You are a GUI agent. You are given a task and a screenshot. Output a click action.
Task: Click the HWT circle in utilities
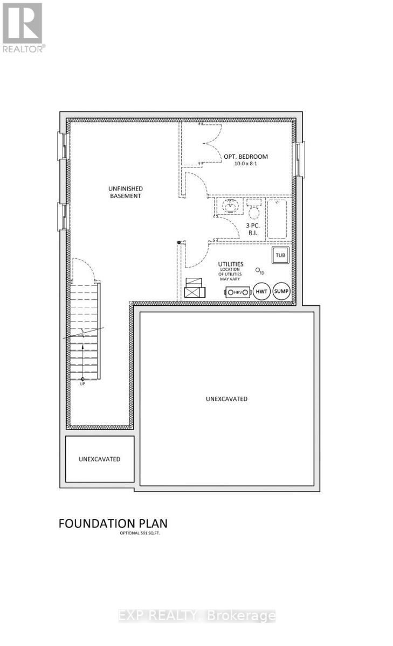(x=261, y=291)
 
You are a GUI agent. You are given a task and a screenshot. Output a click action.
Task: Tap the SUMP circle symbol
(x=281, y=291)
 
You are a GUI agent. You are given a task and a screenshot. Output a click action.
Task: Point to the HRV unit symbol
(x=238, y=292)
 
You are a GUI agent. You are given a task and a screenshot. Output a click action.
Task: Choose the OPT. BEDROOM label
(x=246, y=157)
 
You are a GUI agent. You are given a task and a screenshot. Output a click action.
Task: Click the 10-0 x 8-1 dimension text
(x=246, y=164)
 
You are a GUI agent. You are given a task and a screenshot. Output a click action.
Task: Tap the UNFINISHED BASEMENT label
(x=125, y=192)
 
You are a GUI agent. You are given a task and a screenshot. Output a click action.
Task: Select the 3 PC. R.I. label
(x=252, y=230)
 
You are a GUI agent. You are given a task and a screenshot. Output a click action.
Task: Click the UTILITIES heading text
(x=231, y=264)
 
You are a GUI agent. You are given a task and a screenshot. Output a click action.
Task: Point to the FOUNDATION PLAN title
(x=113, y=523)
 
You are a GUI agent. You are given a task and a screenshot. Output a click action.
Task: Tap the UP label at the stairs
(x=82, y=383)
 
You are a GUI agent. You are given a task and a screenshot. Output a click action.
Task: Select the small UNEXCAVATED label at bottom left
(x=99, y=459)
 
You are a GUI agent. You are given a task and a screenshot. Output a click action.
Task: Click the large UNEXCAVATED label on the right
(x=226, y=399)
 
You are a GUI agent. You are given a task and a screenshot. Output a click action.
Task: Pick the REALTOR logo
(x=23, y=27)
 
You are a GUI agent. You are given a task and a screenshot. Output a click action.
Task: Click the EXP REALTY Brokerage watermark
(x=197, y=616)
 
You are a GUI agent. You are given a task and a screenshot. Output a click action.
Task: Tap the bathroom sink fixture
(x=231, y=206)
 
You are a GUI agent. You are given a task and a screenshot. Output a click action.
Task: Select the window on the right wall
(x=299, y=159)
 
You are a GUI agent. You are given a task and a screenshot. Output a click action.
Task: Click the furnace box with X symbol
(x=194, y=289)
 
